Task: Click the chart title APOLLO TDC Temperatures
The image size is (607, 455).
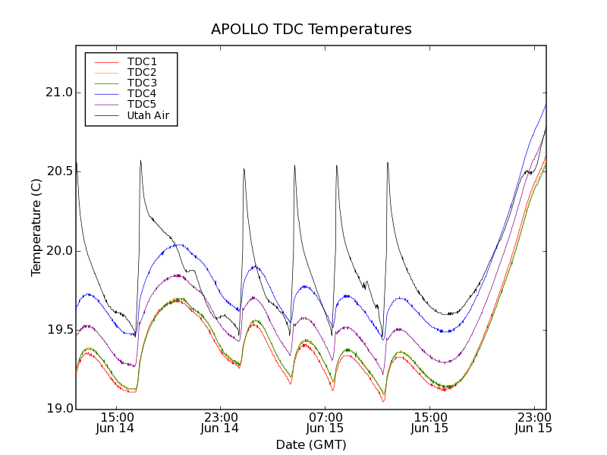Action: point(311,30)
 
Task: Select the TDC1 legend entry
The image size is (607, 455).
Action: point(142,61)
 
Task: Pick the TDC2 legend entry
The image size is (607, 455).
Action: point(142,72)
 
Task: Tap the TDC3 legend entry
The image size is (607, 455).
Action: point(142,83)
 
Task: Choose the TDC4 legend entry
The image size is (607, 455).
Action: point(142,94)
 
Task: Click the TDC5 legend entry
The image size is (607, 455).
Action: point(142,105)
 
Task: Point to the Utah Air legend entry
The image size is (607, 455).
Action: point(147,116)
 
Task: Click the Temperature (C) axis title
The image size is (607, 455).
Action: point(36,227)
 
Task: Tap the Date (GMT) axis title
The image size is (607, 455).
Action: point(311,444)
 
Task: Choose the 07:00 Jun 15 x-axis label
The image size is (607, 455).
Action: point(325,422)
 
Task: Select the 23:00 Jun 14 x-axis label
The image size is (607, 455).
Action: point(220,422)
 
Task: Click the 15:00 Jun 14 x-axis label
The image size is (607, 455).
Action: point(115,422)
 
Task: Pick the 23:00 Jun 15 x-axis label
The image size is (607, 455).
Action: point(533,422)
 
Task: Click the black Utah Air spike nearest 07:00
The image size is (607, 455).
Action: point(337,166)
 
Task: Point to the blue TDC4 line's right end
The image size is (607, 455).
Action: point(546,105)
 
